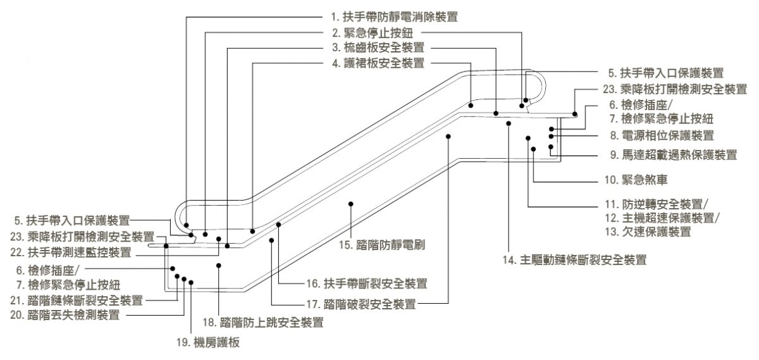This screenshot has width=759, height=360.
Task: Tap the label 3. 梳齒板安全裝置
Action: point(378,47)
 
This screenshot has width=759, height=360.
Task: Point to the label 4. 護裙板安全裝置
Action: point(378,63)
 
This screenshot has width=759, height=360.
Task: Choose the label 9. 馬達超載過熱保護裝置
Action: point(673,154)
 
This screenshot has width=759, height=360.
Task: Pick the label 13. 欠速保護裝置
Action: point(646,232)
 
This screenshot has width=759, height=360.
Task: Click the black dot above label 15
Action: point(350,204)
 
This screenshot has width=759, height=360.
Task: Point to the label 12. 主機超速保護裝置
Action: point(662,218)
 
